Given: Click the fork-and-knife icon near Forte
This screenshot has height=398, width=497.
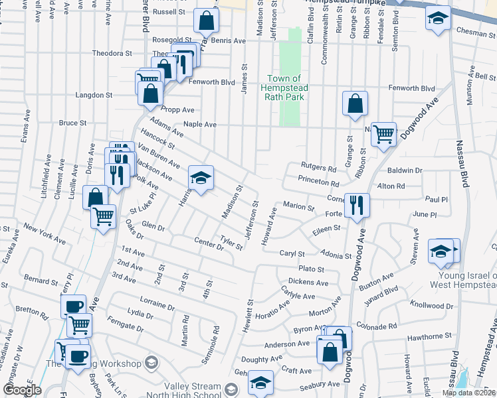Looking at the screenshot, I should click(x=357, y=205).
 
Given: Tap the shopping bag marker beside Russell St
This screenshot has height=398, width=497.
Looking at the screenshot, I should click(x=207, y=21).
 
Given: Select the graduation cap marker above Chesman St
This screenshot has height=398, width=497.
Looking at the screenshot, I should click(x=438, y=19).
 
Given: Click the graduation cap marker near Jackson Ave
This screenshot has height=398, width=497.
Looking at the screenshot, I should click(x=201, y=177).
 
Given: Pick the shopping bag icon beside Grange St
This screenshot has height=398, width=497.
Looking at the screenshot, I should click(x=355, y=103).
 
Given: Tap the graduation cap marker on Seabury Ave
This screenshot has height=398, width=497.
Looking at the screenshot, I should click(x=260, y=383).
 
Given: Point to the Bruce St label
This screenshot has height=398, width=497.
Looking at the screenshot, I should click(x=72, y=123).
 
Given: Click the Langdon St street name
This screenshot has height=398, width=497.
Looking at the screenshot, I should click(x=93, y=96).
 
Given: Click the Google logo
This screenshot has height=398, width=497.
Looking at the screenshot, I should click(x=21, y=390).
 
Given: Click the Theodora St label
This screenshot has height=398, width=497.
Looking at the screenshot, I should click(x=112, y=53).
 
